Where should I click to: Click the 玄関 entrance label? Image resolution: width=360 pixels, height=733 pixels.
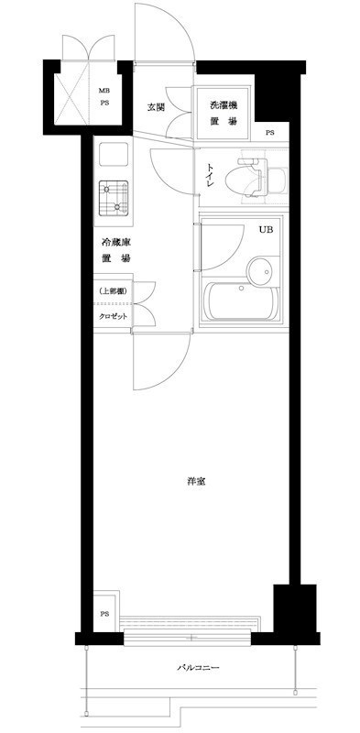(155, 107)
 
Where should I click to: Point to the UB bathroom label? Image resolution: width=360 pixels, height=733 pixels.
(265, 229)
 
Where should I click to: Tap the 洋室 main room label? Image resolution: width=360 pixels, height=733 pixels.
(194, 482)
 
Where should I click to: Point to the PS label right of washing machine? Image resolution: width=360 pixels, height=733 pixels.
(269, 134)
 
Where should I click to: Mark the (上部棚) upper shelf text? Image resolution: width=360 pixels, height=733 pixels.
(114, 290)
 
